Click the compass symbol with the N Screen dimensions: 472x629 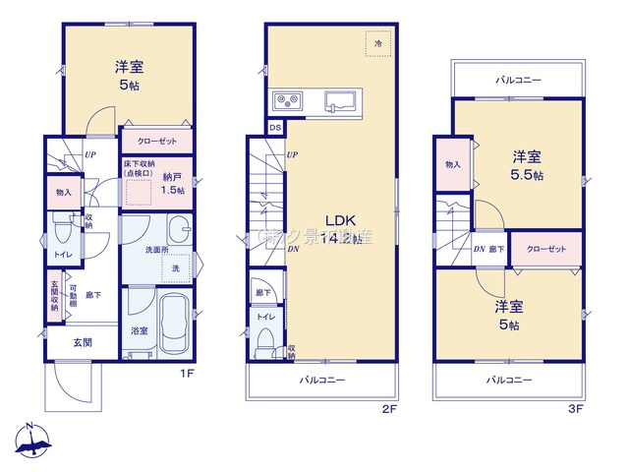[x=32, y=440]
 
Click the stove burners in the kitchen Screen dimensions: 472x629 [x=287, y=98]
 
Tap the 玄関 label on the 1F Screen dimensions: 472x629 [x=82, y=342]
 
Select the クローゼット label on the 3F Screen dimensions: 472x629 [x=546, y=249]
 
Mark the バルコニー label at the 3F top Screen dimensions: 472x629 [x=518, y=80]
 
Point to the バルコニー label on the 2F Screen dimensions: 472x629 [x=321, y=381]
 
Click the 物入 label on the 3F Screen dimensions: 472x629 [x=452, y=165]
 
